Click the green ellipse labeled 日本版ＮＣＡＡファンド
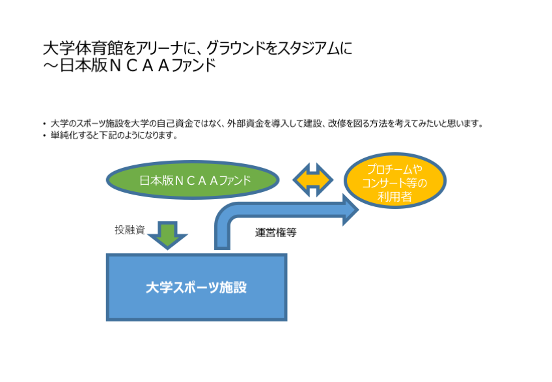pyautogui.click(x=193, y=180)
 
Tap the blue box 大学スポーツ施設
pyautogui.click(x=196, y=287)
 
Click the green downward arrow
pyautogui.click(x=167, y=236)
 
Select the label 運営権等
pyautogui.click(x=276, y=232)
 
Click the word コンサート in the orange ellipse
pyautogui.click(x=385, y=182)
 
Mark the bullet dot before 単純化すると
pyautogui.click(x=44, y=136)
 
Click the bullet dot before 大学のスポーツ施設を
pyautogui.click(x=44, y=123)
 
